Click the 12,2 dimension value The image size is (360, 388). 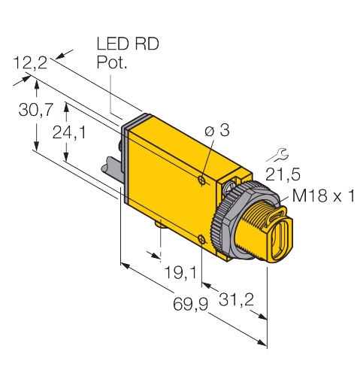(x=30, y=62)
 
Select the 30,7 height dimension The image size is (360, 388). (x=36, y=109)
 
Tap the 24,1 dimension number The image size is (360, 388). (x=69, y=132)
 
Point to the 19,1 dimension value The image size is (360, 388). (x=180, y=272)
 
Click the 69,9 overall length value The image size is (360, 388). (x=191, y=305)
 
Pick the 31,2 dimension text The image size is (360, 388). (x=236, y=299)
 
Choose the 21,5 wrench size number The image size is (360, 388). (x=283, y=174)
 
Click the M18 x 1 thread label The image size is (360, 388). (x=323, y=196)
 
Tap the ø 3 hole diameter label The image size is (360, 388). (x=216, y=130)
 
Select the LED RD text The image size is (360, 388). (x=128, y=44)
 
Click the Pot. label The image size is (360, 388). (x=112, y=62)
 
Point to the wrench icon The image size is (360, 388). (x=278, y=155)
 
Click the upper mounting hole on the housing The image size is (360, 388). (x=201, y=180)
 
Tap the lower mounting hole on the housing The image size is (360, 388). (x=202, y=239)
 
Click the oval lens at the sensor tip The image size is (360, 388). (x=281, y=235)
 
